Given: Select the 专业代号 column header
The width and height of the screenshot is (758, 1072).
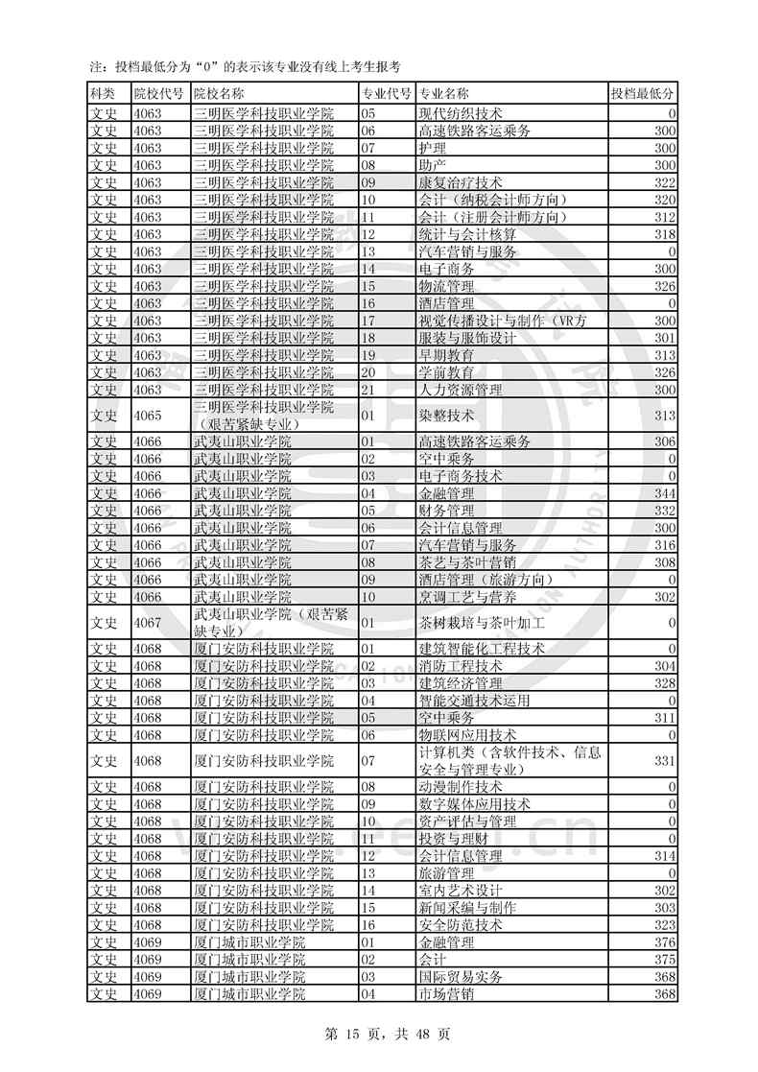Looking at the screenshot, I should (387, 94).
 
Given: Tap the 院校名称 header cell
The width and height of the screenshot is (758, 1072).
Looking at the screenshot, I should (219, 94).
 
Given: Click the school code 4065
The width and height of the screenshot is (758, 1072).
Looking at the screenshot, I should (149, 416).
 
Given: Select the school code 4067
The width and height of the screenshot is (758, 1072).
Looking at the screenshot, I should (149, 624).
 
